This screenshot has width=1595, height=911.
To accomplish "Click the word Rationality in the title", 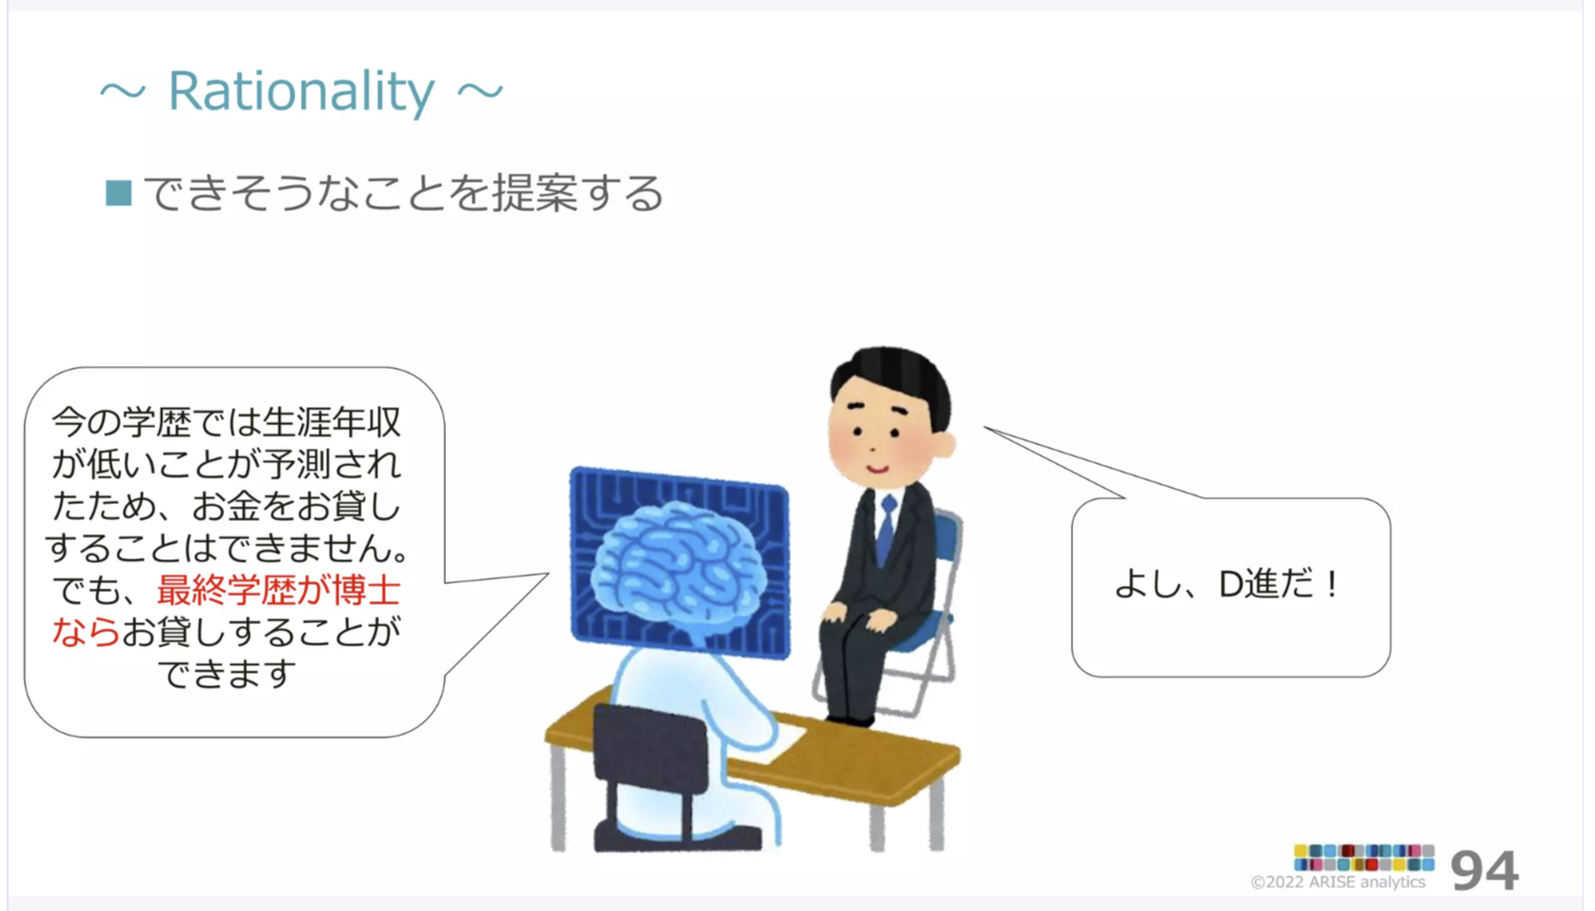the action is tap(300, 92).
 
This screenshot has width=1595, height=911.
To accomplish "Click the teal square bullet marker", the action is tap(118, 193).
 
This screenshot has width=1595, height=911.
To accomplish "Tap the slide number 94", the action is tap(1484, 870).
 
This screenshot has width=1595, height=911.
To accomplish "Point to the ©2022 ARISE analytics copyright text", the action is tap(1338, 882).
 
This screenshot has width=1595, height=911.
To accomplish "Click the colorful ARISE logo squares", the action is tap(1363, 858).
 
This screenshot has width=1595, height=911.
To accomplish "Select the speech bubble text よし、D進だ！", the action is tap(1228, 585).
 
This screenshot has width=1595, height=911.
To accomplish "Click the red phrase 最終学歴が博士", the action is tap(278, 590).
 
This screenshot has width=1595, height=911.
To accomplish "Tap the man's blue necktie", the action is tap(886, 531).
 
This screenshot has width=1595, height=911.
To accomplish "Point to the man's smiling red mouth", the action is tap(878, 470).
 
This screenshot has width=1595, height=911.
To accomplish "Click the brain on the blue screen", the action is tap(677, 562).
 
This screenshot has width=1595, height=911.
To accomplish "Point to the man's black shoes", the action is tap(850, 720).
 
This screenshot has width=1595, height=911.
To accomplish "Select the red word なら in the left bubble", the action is tap(86, 631).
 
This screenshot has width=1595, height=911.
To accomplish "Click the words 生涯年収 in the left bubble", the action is tap(332, 422).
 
